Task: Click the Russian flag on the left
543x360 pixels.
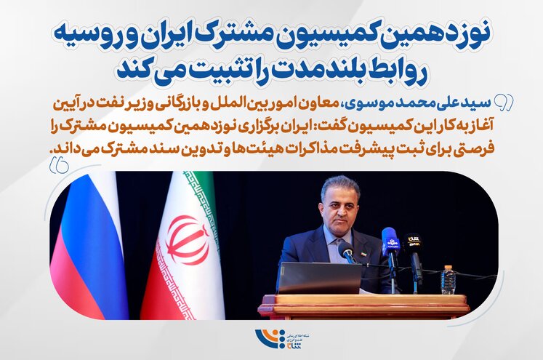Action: click(x=87, y=247)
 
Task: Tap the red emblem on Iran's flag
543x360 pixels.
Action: click(x=188, y=239)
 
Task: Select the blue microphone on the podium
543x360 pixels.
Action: click(x=390, y=241)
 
